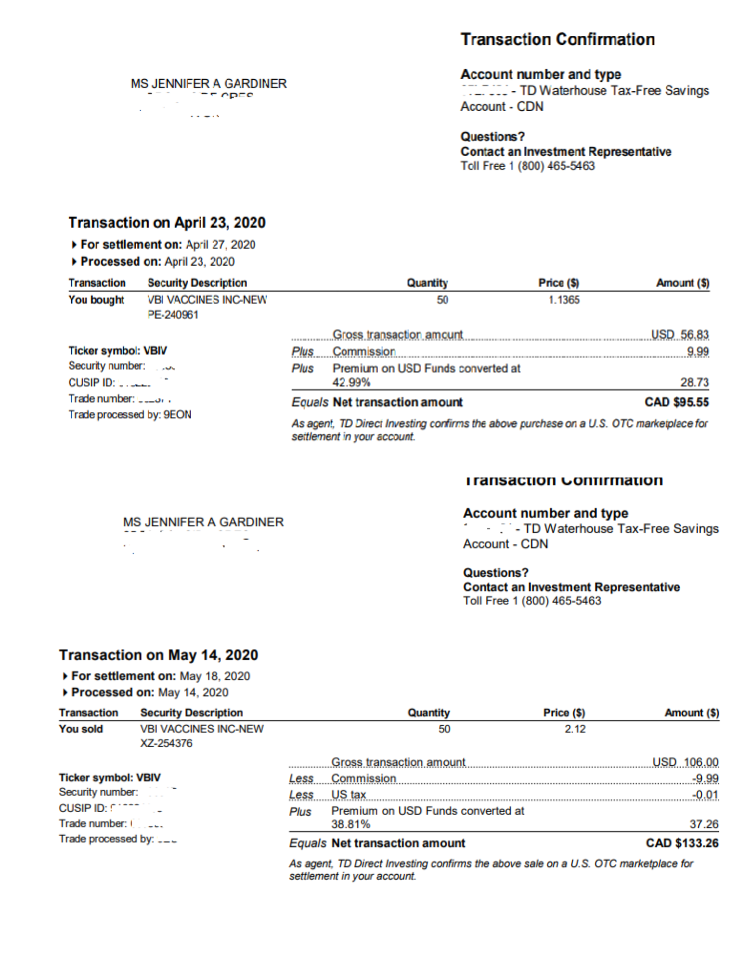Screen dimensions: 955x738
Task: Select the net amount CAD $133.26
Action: [x=682, y=843]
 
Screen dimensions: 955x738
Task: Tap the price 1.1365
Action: [x=564, y=300]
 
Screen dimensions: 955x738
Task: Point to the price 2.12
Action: [x=575, y=729]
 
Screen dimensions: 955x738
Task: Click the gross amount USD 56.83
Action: [x=680, y=334]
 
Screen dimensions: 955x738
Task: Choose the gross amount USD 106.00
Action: [x=685, y=762]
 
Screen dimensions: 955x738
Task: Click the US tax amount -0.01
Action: [x=705, y=794]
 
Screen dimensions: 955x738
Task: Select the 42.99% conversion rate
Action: [x=351, y=382]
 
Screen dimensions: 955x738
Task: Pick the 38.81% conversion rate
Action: [x=351, y=824]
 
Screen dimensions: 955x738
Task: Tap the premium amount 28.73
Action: [x=695, y=382]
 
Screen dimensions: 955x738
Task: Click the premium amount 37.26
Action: [x=704, y=824]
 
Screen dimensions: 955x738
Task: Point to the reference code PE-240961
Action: [x=173, y=315]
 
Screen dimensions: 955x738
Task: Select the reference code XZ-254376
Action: [x=166, y=743]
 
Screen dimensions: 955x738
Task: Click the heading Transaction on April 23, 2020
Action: [x=167, y=223]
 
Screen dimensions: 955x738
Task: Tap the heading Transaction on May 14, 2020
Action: [x=159, y=655]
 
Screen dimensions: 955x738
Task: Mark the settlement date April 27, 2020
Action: [x=220, y=244]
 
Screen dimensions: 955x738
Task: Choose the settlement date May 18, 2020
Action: [x=214, y=676]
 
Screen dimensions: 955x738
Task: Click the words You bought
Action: [x=96, y=300]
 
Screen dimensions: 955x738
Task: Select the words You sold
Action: [x=81, y=729]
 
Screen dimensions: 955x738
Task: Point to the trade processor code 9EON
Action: [x=177, y=414]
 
